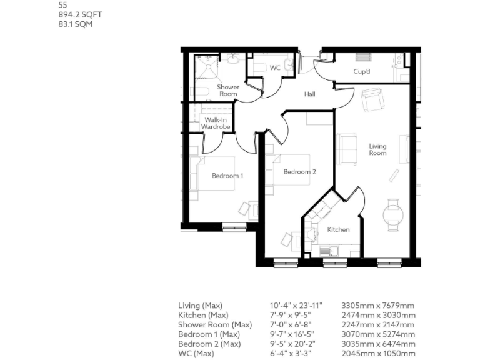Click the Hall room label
pos(309,94)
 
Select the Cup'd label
pos(362,72)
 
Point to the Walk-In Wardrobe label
pos(216,123)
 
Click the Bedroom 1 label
pos(227,176)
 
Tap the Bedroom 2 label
pos(299,172)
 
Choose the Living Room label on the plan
pos(377,149)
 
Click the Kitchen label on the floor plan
pos(339,230)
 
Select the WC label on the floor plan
pos(276,67)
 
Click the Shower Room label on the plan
pos(228,90)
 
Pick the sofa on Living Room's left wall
pos(345,149)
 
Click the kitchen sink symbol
pos(331,251)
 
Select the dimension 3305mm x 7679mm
pos(377,306)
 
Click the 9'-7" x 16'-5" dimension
pos(292,334)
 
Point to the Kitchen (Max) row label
pos(203,315)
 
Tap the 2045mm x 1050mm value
pos(377,354)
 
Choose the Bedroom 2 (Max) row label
pos(209,344)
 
